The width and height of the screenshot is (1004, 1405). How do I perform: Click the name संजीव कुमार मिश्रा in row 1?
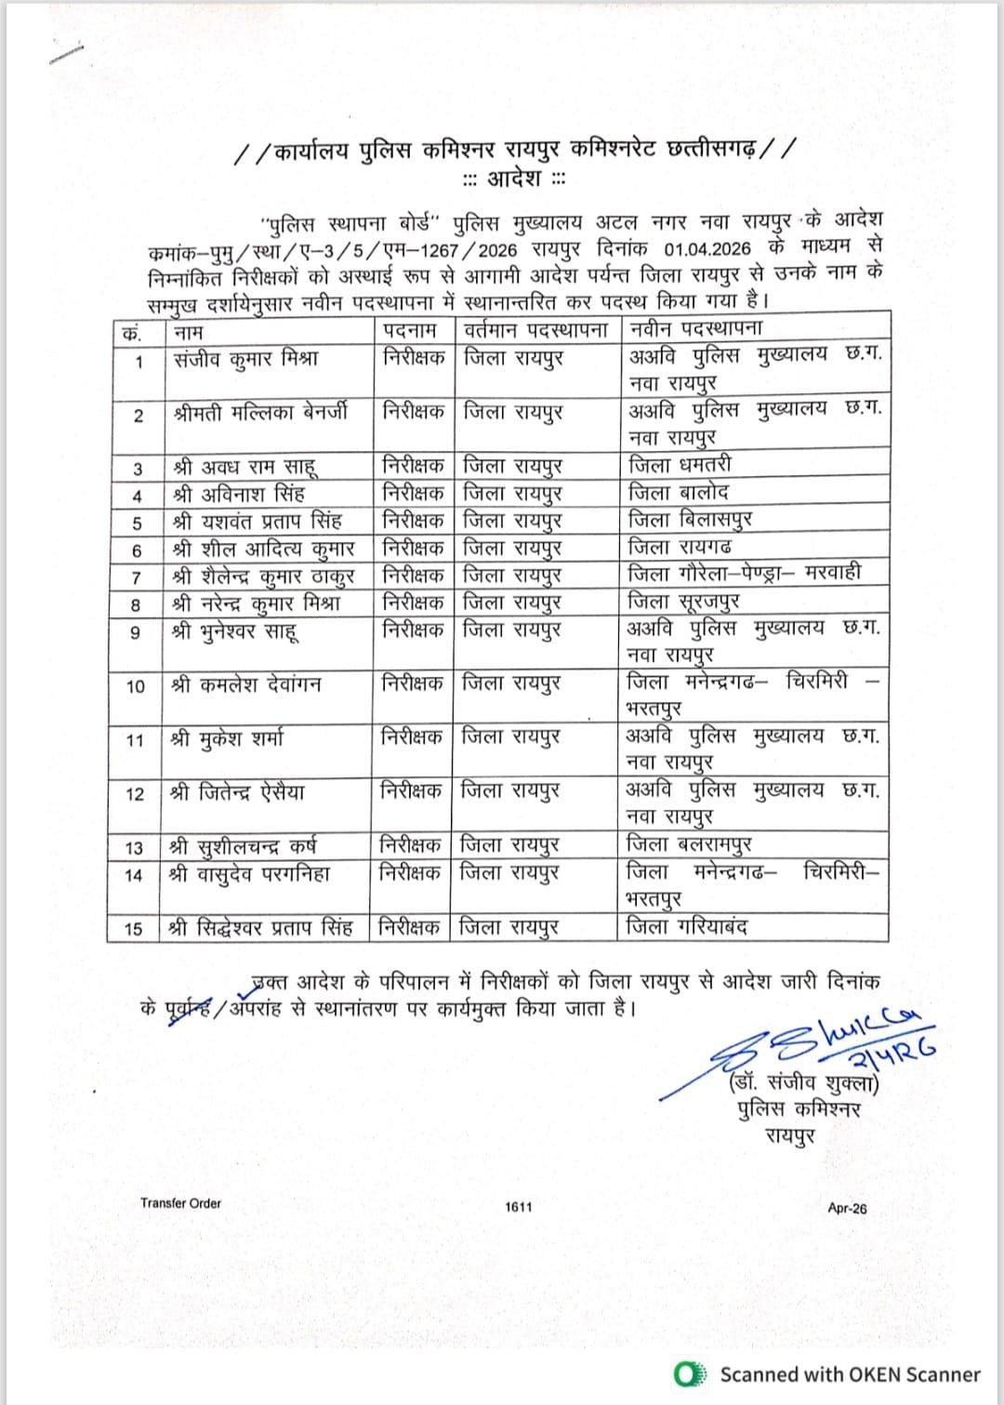246,359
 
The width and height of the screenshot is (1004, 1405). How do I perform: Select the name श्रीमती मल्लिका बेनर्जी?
261,412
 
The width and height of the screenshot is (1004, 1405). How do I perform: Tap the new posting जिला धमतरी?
680,464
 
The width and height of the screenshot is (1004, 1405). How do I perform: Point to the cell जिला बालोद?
679,492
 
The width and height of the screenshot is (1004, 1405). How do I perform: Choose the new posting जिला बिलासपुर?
690,519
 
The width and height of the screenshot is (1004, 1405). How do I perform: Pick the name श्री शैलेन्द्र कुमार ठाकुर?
264,576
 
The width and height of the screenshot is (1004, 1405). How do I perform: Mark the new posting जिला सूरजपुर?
683,602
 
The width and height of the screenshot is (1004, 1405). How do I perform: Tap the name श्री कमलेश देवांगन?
247,685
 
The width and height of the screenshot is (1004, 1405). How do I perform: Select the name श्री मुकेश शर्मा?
228,739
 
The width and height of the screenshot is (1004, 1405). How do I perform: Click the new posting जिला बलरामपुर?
689,845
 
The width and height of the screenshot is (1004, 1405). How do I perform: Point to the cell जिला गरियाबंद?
686,926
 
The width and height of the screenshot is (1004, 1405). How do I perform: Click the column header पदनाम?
409,330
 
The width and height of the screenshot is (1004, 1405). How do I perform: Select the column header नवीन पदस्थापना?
695,328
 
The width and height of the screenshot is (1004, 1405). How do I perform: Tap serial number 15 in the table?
134,929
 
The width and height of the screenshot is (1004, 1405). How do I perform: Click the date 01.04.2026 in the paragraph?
707,249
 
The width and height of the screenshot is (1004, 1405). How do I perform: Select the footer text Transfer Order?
180,1203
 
